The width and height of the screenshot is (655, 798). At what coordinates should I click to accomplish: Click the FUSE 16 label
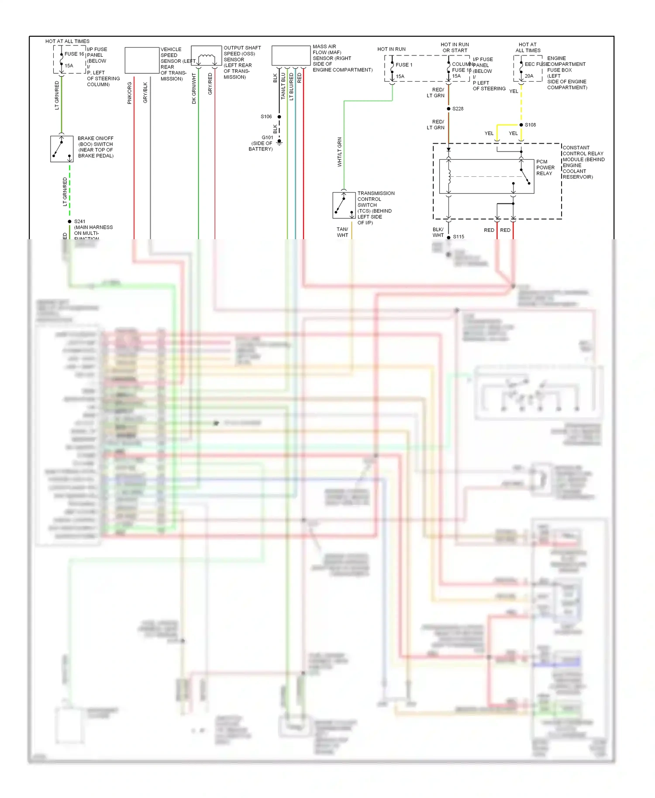pyautogui.click(x=74, y=54)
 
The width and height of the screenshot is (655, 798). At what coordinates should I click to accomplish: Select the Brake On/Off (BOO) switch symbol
pyautogui.click(x=62, y=149)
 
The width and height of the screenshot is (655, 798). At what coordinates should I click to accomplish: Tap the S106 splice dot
pyautogui.click(x=279, y=117)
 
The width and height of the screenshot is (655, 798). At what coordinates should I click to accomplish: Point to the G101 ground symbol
pyautogui.click(x=279, y=142)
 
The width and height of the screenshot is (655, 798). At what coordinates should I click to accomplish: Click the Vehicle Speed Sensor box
pyautogui.click(x=142, y=60)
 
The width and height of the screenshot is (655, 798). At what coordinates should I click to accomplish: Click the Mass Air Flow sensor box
pyautogui.click(x=291, y=56)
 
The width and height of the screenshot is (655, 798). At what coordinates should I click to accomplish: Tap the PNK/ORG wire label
pyautogui.click(x=130, y=93)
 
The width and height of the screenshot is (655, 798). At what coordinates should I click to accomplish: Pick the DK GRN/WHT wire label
pyautogui.click(x=194, y=89)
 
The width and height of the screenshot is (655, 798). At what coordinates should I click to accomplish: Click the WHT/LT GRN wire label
pyautogui.click(x=340, y=152)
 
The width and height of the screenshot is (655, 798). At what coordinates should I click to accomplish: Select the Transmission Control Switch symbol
pyautogui.click(x=344, y=205)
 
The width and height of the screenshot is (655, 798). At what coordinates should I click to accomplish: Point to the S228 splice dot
pyautogui.click(x=448, y=109)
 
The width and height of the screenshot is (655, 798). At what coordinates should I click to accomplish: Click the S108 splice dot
pyautogui.click(x=521, y=125)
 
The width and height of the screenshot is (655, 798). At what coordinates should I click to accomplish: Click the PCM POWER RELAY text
pyautogui.click(x=545, y=168)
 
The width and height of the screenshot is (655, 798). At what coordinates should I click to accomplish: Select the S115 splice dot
pyautogui.click(x=448, y=237)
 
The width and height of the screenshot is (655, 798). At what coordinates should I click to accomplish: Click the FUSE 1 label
pyautogui.click(x=404, y=65)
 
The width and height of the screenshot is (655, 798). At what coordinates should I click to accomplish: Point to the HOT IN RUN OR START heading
pyautogui.click(x=455, y=48)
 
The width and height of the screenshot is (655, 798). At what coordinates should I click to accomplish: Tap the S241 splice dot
pyautogui.click(x=69, y=222)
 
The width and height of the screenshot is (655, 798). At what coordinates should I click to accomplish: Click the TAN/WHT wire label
pyautogui.click(x=342, y=232)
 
